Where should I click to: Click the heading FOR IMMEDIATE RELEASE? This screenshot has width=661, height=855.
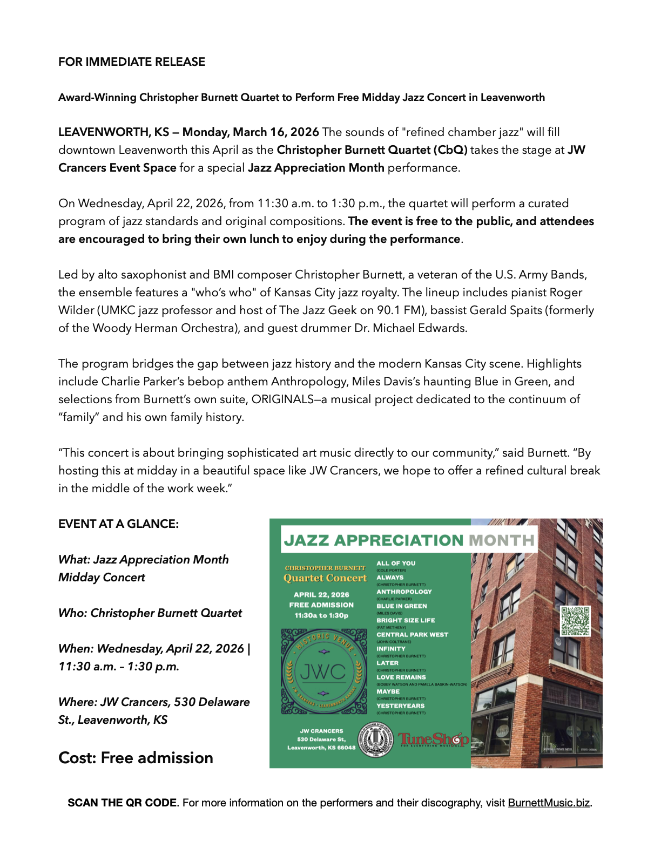(132, 62)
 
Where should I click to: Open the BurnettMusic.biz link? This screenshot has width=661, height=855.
(549, 803)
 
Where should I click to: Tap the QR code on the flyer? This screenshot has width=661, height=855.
(576, 621)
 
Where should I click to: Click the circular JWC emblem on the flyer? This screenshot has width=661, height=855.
(322, 671)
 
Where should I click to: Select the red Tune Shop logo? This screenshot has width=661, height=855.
(434, 739)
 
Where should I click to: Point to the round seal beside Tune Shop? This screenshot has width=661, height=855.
(377, 739)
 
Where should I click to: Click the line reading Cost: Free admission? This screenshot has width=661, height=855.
(136, 758)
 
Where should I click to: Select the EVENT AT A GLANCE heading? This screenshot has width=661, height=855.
(118, 524)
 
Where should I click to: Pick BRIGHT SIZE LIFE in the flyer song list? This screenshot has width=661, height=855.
(406, 621)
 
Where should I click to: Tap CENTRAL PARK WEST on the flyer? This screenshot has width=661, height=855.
(412, 635)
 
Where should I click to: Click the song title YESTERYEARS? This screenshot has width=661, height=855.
(401, 706)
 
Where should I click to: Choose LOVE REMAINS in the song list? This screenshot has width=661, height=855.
(401, 677)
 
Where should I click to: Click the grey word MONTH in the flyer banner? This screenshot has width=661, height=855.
(502, 541)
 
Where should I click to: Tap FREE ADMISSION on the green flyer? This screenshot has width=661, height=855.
(321, 605)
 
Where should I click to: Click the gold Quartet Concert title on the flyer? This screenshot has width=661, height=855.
(325, 578)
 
